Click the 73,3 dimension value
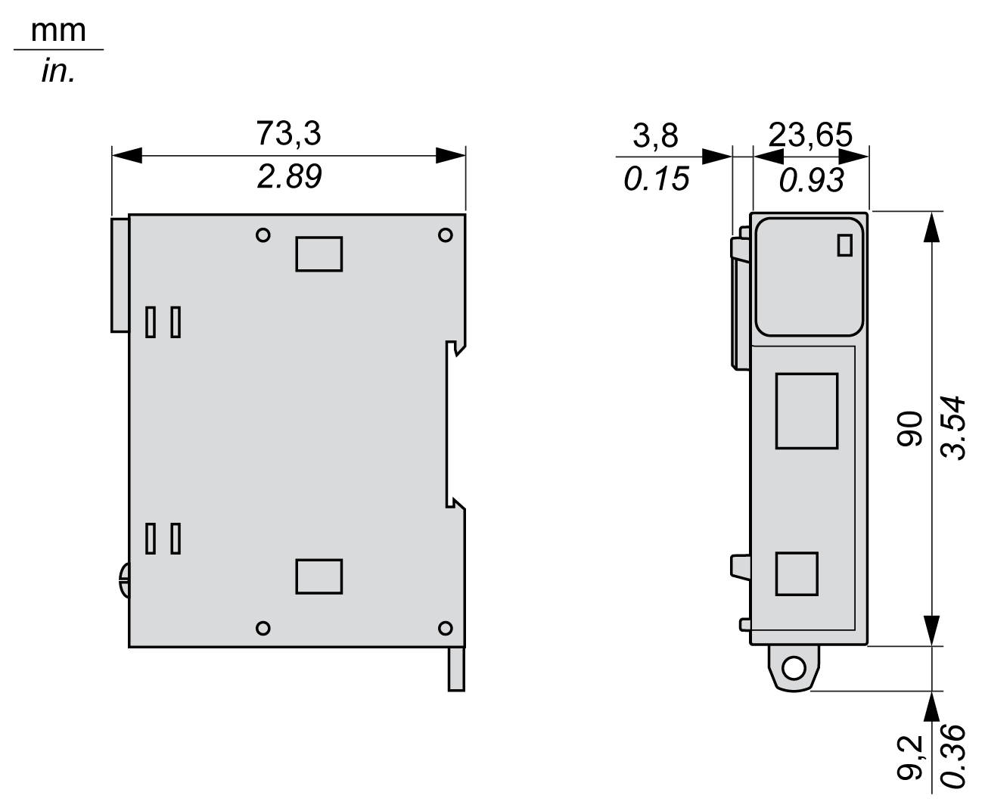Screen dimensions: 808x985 point(288,133)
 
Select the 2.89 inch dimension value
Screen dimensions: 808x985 point(288,177)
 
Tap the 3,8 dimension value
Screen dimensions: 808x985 point(656,136)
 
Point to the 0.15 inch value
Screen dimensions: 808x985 point(656,179)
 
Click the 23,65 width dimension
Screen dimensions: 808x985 point(810,136)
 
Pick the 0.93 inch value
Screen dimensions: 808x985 point(810,180)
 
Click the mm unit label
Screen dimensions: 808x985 point(57,32)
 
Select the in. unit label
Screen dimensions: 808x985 point(57,72)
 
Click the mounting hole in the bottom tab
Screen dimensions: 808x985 point(794,668)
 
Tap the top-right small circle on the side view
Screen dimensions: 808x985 point(446,235)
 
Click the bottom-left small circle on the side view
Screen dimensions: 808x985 point(263,627)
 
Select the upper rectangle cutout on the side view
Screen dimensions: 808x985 point(318,253)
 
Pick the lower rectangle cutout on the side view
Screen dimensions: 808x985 point(318,576)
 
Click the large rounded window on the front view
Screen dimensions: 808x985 point(809,276)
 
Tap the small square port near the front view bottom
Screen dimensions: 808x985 point(797,573)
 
